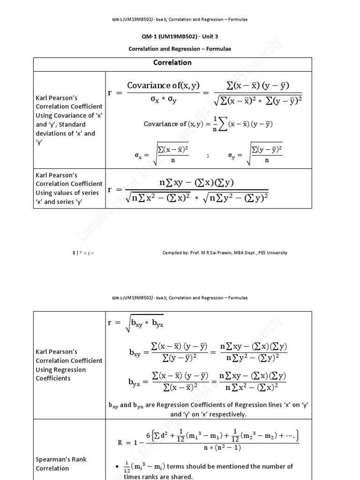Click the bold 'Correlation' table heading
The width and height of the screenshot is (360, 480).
172,62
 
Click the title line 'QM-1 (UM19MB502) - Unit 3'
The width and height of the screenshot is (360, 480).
180,37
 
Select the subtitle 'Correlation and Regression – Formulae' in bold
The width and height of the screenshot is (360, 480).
180,49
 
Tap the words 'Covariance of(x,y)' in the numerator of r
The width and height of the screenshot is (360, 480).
163,85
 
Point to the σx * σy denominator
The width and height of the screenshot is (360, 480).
163,101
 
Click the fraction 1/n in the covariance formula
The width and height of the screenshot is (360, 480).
215,124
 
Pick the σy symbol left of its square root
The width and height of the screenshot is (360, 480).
232,155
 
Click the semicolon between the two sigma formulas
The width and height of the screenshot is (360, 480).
207,155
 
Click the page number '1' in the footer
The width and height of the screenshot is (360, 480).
74,253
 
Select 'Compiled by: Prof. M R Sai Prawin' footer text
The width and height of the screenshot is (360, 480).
202,253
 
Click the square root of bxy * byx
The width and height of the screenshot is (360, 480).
144,323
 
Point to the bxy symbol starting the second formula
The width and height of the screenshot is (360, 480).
135,354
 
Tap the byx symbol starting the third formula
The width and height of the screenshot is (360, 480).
135,382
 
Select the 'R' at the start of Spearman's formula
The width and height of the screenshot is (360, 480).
120,442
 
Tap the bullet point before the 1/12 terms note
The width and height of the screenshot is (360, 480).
116,466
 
